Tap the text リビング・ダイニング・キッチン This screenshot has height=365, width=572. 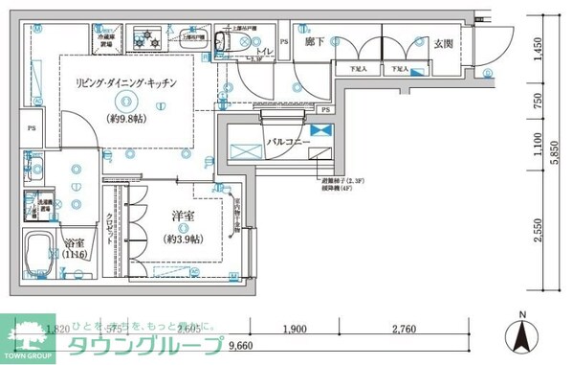(x=125, y=84)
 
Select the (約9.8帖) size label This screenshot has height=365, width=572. (x=125, y=120)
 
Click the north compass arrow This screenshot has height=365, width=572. (x=522, y=336)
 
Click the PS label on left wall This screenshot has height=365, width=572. (x=32, y=127)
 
